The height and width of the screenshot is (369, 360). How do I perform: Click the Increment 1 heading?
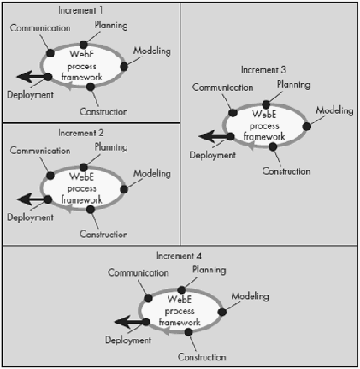tap(80, 10)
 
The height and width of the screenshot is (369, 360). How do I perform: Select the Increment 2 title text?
tap(81, 133)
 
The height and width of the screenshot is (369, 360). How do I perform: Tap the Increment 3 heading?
tap(263, 69)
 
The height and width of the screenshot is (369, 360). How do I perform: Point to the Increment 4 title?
tap(179, 256)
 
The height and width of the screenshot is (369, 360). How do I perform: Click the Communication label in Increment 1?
tap(40, 28)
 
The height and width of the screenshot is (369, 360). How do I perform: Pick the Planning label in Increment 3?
tap(294, 85)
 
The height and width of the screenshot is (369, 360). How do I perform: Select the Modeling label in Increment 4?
tap(250, 296)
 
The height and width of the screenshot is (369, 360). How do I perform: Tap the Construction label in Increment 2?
tap(103, 235)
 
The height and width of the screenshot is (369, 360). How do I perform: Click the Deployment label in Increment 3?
tap(213, 155)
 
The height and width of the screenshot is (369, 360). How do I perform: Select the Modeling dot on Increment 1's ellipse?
tap(124, 67)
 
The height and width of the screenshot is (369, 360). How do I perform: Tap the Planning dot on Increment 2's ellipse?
tap(84, 167)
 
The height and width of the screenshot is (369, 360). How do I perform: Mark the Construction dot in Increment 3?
tap(273, 146)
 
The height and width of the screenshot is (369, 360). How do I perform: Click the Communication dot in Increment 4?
tap(148, 298)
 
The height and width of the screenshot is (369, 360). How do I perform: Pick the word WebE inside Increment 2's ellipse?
tap(81, 176)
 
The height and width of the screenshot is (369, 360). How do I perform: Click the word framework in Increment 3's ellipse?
tap(264, 137)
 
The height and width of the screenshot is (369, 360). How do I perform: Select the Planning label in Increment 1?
tap(111, 26)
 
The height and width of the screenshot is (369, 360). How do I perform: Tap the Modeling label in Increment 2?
tap(152, 174)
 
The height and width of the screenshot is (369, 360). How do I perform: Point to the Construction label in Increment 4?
tap(202, 357)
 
